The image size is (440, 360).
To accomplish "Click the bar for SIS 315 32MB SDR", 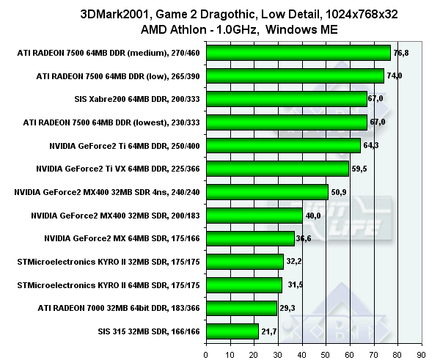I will pos(232,331).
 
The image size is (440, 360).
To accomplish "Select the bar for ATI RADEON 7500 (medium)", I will pos(298,53).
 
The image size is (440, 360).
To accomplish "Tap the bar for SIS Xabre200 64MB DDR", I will pos(287,99).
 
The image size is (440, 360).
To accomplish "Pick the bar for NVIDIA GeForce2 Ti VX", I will pos(278,169).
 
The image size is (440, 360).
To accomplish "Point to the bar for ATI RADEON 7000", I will pos(242,308).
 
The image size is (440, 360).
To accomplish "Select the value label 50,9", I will pos(339,192).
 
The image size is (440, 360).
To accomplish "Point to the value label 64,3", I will pos(370,145).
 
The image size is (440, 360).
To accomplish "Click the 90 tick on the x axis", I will pos(420,353).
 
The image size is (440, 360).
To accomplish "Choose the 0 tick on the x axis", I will pos(208,353).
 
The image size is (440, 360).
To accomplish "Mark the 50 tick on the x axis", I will pos(326,353).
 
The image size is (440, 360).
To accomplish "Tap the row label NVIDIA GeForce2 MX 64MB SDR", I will pos(122,238).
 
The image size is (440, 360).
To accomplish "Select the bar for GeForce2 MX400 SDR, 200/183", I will pos(254,215).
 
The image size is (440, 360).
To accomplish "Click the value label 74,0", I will pos(395,76).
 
